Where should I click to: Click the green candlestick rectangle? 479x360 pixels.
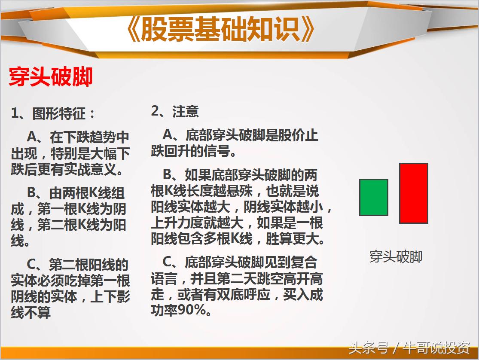pyautogui.click(x=373, y=197)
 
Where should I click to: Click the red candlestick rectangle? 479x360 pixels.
pyautogui.click(x=413, y=193)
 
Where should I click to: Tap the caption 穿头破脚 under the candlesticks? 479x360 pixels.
pyautogui.click(x=396, y=256)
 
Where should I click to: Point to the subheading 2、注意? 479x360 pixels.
pyautogui.click(x=175, y=111)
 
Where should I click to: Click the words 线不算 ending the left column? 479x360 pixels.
pyautogui.click(x=31, y=312)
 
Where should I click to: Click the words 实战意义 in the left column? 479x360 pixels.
pyautogui.click(x=90, y=169)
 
